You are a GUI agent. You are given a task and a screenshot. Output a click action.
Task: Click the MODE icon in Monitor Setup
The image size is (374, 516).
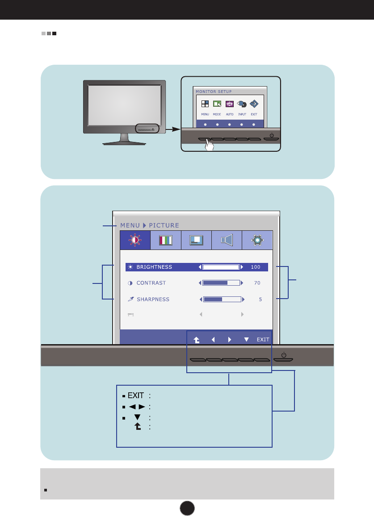[217, 104]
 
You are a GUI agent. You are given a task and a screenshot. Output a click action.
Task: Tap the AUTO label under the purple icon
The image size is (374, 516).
[230, 115]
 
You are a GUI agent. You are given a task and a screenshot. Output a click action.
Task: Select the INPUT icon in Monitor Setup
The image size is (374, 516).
[242, 104]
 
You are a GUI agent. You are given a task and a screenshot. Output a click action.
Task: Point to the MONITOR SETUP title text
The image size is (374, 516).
[214, 91]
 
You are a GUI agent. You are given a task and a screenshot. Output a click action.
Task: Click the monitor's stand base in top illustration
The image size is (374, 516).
[124, 143]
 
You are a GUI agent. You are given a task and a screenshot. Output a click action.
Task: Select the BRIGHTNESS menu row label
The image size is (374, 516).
[154, 267]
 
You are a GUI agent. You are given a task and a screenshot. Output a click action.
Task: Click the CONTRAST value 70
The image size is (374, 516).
[256, 283]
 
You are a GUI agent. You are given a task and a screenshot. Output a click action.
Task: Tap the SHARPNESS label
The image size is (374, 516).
[153, 299]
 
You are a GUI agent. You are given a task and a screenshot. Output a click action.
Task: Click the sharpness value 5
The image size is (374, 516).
[260, 299]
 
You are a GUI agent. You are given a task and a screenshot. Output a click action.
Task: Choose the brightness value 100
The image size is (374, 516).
[255, 267]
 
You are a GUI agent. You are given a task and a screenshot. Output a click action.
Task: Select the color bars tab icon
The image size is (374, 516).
[166, 240]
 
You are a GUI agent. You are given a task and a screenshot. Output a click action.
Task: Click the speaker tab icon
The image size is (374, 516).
[227, 240]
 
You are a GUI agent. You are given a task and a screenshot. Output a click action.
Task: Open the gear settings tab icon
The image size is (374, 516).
[257, 240]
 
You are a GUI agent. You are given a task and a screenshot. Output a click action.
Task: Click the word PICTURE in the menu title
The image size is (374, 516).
[164, 225]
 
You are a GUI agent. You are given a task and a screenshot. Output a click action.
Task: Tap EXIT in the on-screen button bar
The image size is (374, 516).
[263, 339]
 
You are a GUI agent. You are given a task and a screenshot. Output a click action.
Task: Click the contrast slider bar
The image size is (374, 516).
[222, 283]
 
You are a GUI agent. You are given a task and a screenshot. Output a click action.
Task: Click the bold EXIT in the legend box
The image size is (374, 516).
[136, 395]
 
